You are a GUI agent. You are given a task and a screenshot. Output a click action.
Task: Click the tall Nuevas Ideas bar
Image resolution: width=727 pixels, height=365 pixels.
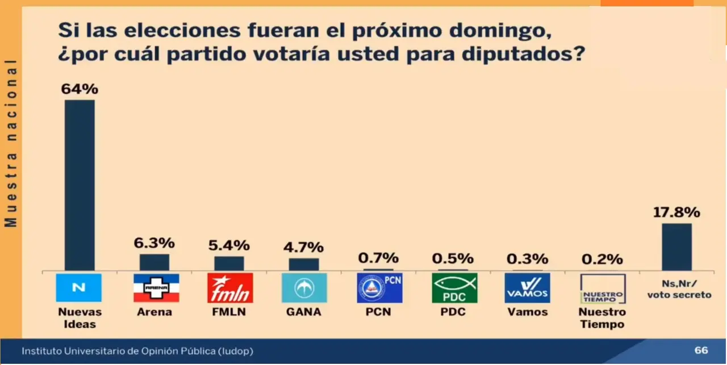click(80, 185)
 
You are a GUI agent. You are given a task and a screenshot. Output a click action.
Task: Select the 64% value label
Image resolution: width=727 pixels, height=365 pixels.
click(80, 89)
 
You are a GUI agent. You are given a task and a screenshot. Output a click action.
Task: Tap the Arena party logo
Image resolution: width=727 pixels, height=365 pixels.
click(156, 288)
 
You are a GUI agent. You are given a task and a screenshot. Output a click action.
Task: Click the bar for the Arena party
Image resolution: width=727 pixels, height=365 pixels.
click(154, 262)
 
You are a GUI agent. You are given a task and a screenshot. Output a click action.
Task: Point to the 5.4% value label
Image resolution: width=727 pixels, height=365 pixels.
click(229, 245)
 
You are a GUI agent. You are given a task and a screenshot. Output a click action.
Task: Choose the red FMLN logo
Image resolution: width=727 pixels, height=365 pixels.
click(230, 288)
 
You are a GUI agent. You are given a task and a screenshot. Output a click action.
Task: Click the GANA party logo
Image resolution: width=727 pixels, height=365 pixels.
click(304, 288)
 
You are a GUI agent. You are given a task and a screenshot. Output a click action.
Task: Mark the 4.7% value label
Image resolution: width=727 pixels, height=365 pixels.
click(303, 247)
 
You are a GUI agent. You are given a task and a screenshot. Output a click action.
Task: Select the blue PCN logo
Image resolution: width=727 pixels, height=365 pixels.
click(379, 288)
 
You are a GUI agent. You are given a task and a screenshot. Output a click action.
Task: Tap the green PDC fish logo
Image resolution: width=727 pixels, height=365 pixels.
click(454, 288)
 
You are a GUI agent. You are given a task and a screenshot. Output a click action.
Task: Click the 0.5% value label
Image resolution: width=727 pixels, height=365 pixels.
click(453, 258)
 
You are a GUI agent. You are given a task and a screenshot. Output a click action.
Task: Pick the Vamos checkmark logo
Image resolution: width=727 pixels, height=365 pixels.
click(527, 288)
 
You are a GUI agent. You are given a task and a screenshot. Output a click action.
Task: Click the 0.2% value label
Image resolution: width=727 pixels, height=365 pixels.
click(602, 259)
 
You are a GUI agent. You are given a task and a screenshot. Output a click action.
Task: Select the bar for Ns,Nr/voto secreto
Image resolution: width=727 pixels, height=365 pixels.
click(676, 247)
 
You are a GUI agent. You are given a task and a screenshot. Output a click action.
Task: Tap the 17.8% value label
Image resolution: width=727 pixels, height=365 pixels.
click(676, 213)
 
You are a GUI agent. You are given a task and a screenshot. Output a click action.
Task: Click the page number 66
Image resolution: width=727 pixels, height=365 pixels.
click(701, 351)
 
